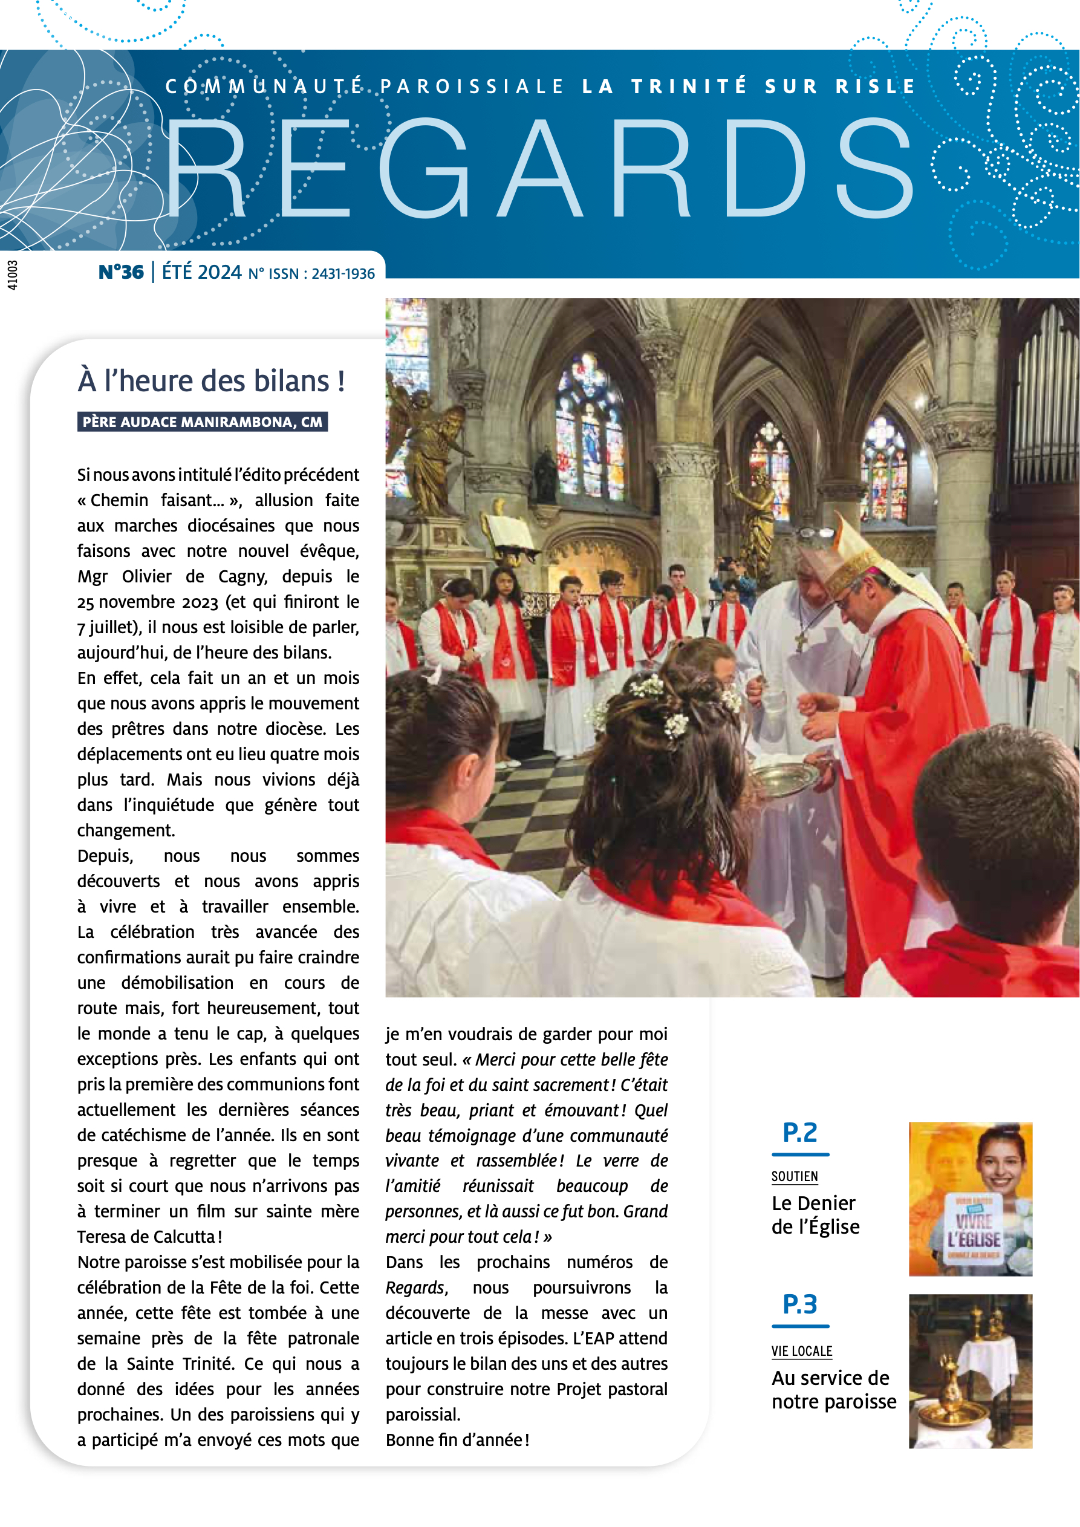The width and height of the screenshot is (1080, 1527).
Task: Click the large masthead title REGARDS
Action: (x=539, y=169)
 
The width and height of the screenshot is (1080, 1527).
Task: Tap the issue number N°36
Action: (x=121, y=272)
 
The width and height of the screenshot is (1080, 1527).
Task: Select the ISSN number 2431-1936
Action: (x=343, y=274)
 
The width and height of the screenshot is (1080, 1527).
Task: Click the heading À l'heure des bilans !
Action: (x=212, y=381)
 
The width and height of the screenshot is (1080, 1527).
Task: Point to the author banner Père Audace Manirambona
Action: (x=202, y=422)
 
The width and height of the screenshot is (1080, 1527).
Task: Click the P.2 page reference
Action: (x=800, y=1133)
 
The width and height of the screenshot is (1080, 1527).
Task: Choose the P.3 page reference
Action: (x=800, y=1305)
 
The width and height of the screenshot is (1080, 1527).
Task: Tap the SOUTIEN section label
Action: (x=795, y=1176)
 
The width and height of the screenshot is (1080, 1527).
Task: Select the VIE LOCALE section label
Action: (x=801, y=1351)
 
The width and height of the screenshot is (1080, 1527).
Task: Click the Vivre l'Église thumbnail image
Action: (x=971, y=1199)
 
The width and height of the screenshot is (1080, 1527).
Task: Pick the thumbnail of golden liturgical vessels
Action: (x=971, y=1371)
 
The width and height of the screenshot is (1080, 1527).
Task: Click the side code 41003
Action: (x=13, y=275)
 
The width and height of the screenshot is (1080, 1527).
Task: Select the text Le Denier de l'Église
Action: (x=815, y=1214)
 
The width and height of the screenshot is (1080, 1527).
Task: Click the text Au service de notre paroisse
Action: (x=833, y=1389)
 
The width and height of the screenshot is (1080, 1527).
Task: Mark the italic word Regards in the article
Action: (x=415, y=1288)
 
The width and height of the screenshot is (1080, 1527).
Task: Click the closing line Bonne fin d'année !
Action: (x=458, y=1440)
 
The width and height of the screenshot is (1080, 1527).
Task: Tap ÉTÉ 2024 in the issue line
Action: (x=201, y=272)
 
